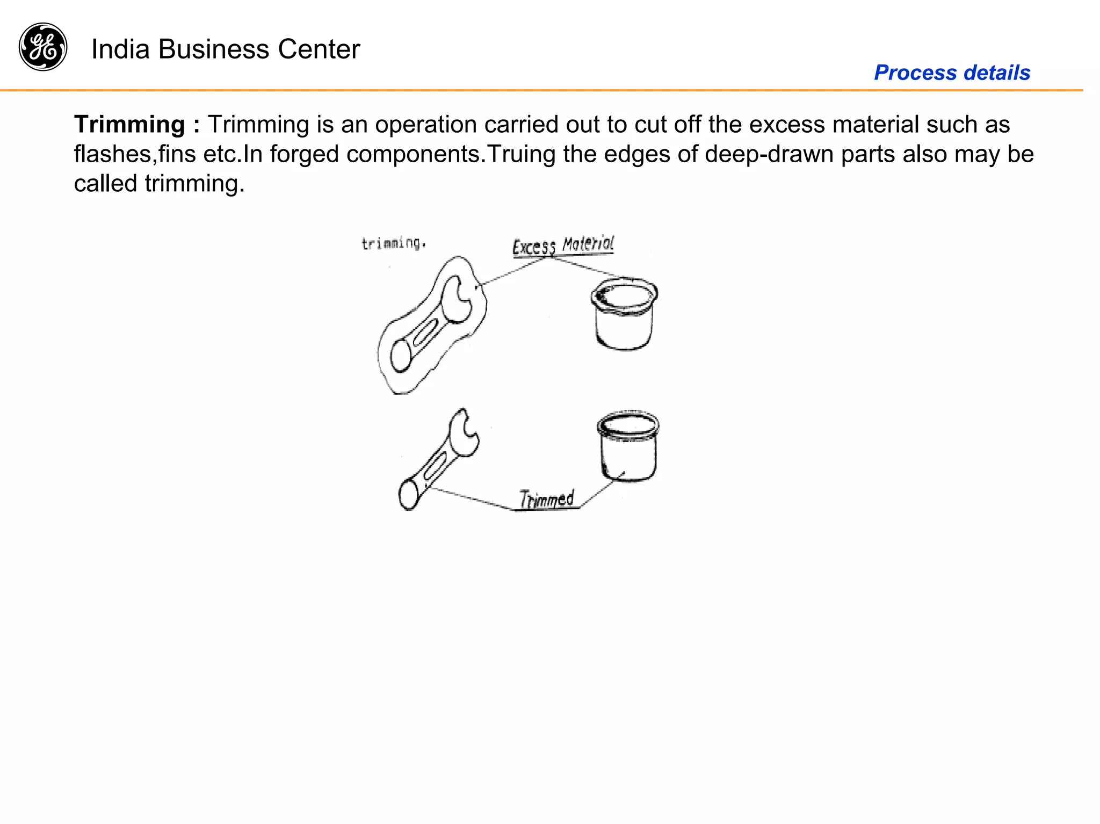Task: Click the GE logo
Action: (x=43, y=47)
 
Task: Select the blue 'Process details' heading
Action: (x=952, y=73)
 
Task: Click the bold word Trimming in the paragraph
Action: (x=129, y=125)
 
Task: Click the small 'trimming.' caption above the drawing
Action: (x=393, y=243)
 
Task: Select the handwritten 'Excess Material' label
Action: (x=563, y=246)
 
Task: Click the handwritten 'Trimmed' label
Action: (x=547, y=499)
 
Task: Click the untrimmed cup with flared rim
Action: (x=624, y=317)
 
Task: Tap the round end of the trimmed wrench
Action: (x=409, y=494)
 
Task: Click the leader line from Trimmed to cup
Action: (x=602, y=490)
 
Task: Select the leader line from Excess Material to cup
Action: (x=591, y=268)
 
